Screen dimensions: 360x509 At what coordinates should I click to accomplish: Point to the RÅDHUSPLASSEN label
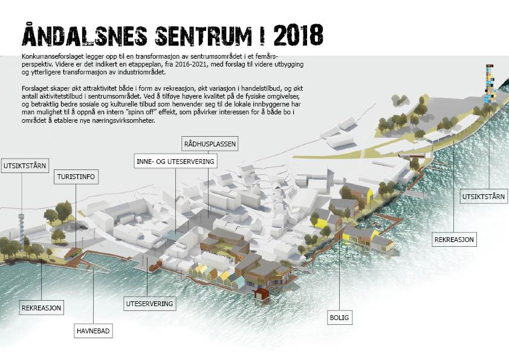tap(209, 144)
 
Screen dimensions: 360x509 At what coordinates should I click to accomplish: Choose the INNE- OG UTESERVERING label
tap(175, 161)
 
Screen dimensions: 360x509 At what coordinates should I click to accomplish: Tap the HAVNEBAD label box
tap(94, 331)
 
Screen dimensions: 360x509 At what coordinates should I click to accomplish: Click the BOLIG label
tap(340, 317)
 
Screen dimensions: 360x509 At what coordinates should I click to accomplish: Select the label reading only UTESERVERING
tap(149, 303)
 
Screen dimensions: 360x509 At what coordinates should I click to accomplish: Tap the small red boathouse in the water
tap(261, 295)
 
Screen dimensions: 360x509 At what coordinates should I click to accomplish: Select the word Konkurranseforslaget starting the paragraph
tap(47, 56)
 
